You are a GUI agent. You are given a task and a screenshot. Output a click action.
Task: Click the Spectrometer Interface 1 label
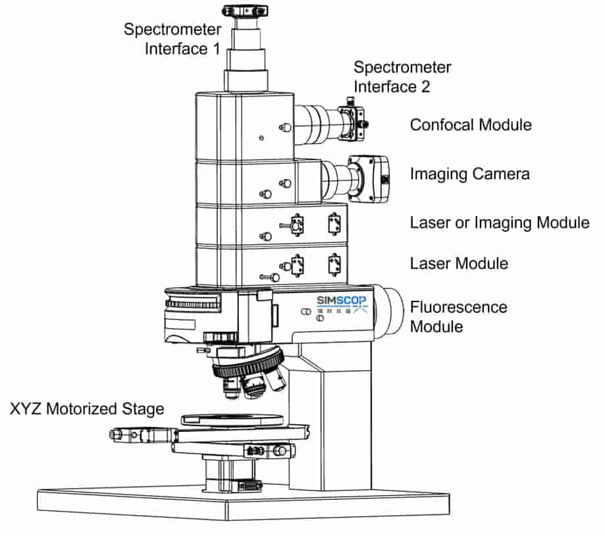(172, 39)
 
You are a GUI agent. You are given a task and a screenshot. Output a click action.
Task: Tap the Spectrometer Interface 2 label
(402, 76)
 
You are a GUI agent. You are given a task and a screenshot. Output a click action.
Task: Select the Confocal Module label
(471, 124)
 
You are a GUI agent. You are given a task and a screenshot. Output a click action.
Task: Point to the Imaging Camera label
(470, 174)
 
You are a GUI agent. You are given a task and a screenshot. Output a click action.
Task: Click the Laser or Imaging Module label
(500, 223)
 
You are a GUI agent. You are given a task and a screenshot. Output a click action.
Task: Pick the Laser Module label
(459, 263)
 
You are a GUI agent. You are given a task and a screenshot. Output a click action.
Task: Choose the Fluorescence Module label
(459, 317)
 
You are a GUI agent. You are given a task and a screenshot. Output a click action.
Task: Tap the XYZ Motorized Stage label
(87, 409)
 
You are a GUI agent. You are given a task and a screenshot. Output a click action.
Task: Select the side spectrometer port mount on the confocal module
(354, 122)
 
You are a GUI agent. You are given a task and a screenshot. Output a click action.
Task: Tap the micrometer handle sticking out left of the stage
(132, 435)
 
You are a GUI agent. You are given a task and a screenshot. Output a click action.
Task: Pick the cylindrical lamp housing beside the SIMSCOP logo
(390, 309)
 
